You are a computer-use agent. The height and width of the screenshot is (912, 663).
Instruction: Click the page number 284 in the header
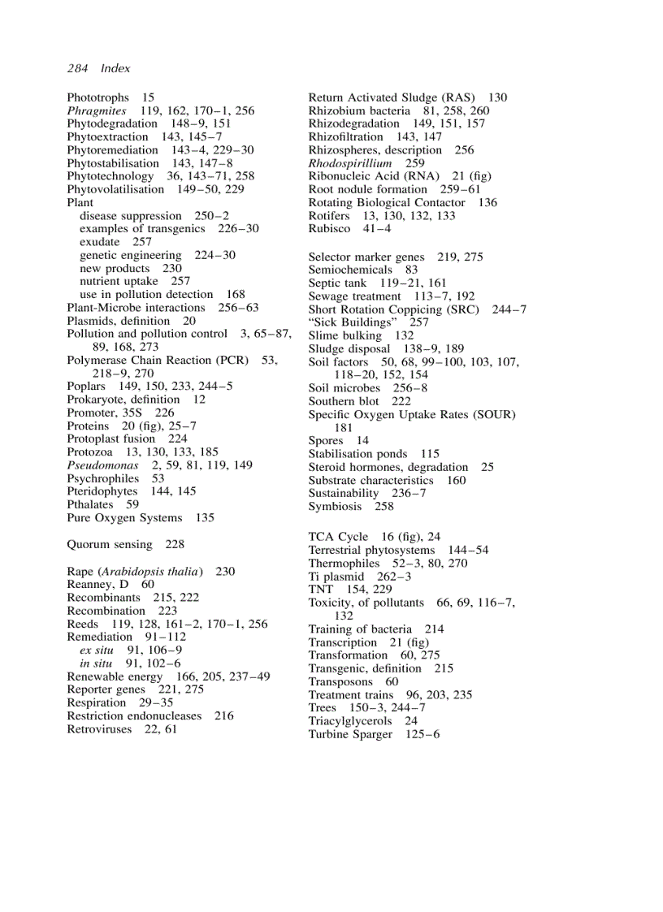(77, 68)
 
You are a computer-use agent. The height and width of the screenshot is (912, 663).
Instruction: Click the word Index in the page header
(115, 68)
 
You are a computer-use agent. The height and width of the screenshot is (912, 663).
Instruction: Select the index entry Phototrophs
(97, 97)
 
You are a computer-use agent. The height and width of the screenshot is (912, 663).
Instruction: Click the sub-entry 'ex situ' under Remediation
(96, 651)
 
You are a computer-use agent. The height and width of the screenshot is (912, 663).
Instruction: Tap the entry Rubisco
(329, 229)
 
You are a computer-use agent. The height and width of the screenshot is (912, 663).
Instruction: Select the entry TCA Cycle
(338, 537)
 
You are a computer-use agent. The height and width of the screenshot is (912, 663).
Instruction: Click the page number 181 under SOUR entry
(343, 427)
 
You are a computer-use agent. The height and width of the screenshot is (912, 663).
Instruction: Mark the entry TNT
(321, 590)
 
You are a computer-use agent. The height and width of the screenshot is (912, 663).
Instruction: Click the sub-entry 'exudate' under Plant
(99, 242)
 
